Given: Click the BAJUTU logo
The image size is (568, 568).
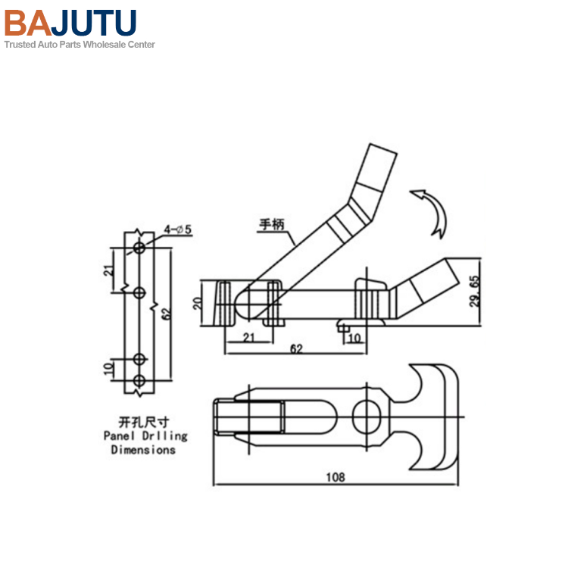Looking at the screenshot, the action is (70, 23).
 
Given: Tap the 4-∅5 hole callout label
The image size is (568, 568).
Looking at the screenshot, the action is (177, 229).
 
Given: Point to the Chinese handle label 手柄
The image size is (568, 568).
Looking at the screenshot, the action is (272, 225).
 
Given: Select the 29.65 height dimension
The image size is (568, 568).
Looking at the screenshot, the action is (475, 292).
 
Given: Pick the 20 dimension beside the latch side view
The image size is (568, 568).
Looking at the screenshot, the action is (198, 303).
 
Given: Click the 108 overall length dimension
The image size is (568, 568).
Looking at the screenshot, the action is (335, 477).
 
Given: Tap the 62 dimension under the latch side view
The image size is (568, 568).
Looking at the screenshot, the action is (296, 349).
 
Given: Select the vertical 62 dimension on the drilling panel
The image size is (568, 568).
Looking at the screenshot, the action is (167, 314).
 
